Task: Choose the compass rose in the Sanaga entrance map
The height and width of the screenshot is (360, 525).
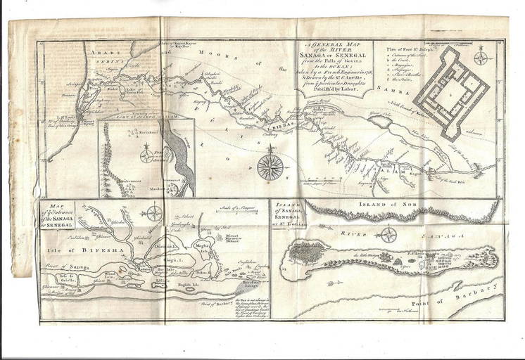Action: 155,213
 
